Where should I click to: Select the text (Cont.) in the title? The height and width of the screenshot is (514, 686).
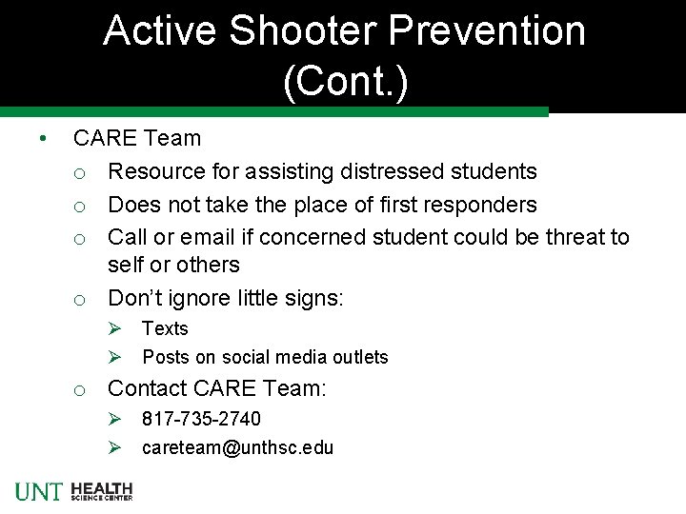(345, 83)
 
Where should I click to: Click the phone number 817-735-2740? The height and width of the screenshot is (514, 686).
(201, 419)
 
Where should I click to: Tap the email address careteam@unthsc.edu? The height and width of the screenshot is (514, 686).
(237, 447)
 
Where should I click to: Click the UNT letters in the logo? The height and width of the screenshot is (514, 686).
(39, 491)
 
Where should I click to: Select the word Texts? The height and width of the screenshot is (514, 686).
(165, 328)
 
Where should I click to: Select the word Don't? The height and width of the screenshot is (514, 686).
(135, 298)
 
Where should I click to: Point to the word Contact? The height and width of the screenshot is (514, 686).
(147, 388)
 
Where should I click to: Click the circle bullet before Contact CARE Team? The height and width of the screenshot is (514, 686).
(82, 389)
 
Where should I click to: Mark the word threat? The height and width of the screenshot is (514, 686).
(576, 236)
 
